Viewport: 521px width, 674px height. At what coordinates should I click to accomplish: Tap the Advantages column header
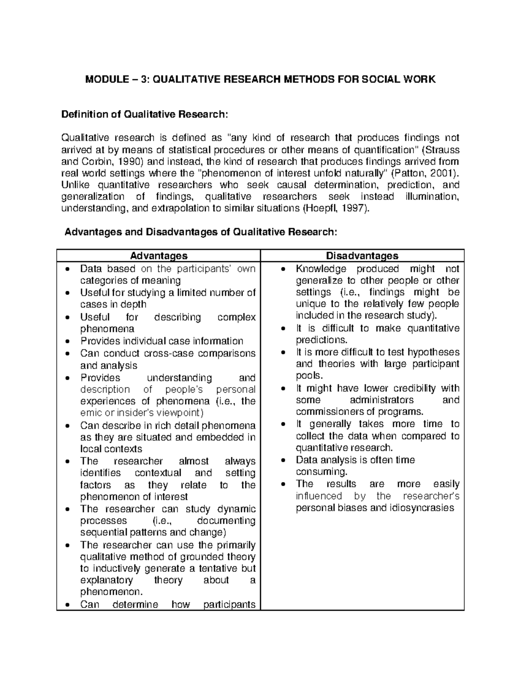tap(159, 256)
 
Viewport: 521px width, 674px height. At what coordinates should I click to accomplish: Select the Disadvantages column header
tap(362, 256)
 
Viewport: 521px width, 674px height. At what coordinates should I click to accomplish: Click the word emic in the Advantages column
tap(90, 413)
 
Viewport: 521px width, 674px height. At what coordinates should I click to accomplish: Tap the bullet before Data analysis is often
tap(283, 460)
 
